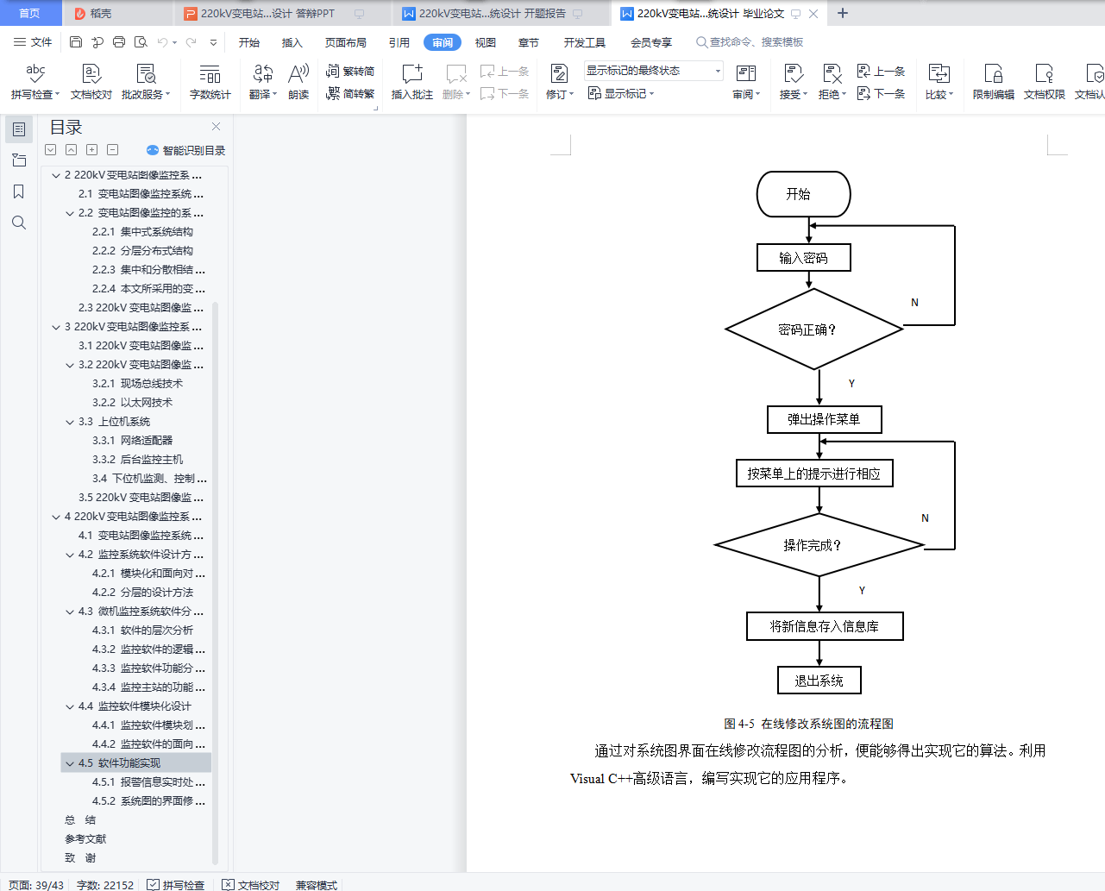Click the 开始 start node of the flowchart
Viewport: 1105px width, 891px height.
pyautogui.click(x=803, y=194)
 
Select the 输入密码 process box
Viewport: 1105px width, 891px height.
pyautogui.click(x=803, y=258)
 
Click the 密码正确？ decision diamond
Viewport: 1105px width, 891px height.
pyautogui.click(x=813, y=329)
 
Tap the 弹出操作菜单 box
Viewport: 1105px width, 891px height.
pyautogui.click(x=824, y=420)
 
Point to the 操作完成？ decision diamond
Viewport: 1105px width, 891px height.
pyautogui.click(x=819, y=545)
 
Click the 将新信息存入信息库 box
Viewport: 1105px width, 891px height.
pyautogui.click(x=825, y=626)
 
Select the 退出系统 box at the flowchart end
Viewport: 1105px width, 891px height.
pyautogui.click(x=819, y=681)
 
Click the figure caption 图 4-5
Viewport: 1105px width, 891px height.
pyautogui.click(x=808, y=724)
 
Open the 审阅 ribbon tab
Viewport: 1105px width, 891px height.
pyautogui.click(x=442, y=42)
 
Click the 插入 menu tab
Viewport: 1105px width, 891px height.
pyautogui.click(x=292, y=42)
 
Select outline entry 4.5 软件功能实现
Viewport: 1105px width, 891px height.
pyautogui.click(x=129, y=763)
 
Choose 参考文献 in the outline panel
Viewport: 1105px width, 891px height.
pyautogui.click(x=85, y=839)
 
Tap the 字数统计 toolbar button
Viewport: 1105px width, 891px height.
pyautogui.click(x=210, y=82)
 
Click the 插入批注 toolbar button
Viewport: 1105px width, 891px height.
pyautogui.click(x=411, y=82)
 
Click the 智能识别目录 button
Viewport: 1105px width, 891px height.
pyautogui.click(x=186, y=150)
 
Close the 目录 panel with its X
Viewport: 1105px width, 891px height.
pyautogui.click(x=216, y=127)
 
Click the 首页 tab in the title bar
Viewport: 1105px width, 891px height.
pyautogui.click(x=29, y=13)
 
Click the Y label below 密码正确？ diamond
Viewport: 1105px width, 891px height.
pyautogui.click(x=851, y=384)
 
